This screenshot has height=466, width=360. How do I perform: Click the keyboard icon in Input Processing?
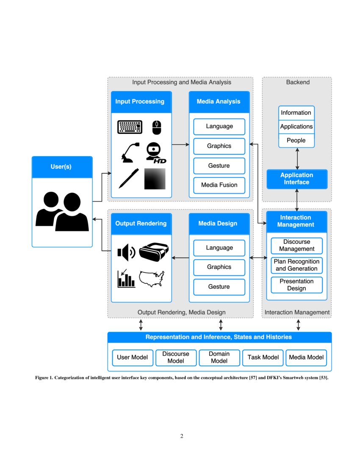[130, 127]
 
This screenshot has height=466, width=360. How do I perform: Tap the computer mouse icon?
[157, 127]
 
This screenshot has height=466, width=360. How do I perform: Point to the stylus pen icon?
[129, 178]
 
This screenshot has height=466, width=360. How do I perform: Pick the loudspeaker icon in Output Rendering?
[126, 253]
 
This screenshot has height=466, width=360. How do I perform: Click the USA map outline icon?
[152, 279]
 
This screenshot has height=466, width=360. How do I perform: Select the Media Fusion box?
[219, 185]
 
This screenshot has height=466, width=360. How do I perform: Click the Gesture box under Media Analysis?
[219, 166]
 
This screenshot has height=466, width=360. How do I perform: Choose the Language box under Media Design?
[219, 248]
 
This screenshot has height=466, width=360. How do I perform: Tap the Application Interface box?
[297, 179]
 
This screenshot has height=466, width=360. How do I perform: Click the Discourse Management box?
[297, 245]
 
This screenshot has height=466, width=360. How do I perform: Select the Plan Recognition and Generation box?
[297, 265]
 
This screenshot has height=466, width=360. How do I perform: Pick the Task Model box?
[263, 357]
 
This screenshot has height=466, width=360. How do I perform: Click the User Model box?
[132, 357]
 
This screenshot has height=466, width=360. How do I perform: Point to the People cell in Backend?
[296, 140]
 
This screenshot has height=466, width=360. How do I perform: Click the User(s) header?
[62, 167]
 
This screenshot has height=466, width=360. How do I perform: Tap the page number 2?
[182, 436]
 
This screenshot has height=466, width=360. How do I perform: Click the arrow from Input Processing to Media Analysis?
[180, 144]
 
